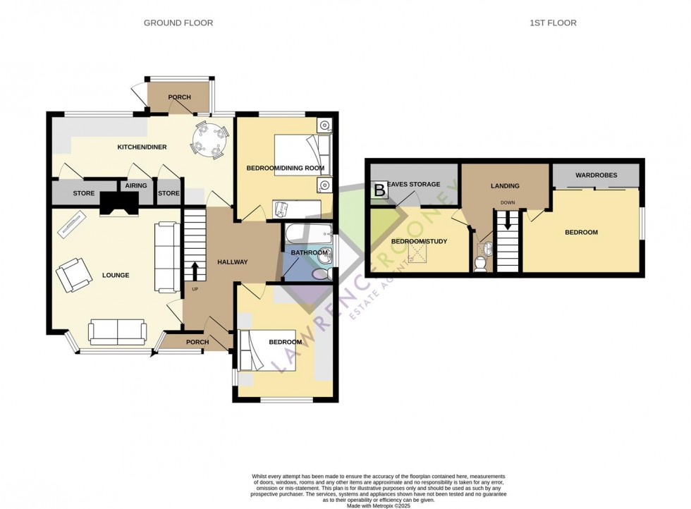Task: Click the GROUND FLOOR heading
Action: (x=178, y=23)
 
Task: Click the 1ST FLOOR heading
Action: (x=553, y=23)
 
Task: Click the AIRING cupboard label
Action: (x=136, y=186)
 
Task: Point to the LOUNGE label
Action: (x=116, y=275)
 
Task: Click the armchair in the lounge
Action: (x=74, y=274)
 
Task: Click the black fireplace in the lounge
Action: (x=119, y=203)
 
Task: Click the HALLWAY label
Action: (x=233, y=262)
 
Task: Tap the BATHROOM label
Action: (x=310, y=253)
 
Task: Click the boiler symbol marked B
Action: (x=379, y=190)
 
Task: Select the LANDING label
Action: (x=504, y=186)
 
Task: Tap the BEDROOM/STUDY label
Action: (x=419, y=242)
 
